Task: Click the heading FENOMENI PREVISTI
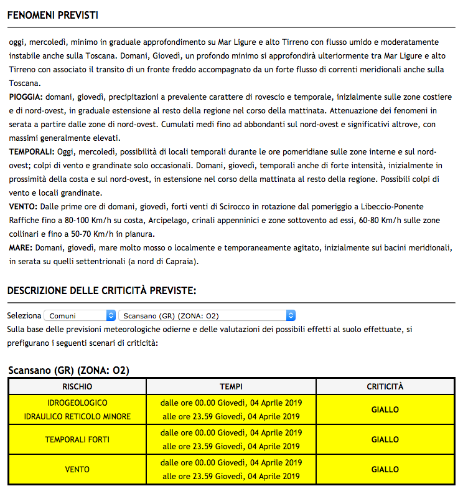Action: [x=53, y=15]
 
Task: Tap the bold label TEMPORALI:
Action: [x=31, y=152]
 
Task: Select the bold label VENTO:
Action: [x=24, y=207]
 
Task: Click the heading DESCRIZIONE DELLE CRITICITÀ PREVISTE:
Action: [x=102, y=290]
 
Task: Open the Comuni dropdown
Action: [x=80, y=316]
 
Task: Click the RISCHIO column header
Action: [x=78, y=386]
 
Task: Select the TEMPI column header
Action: [x=231, y=386]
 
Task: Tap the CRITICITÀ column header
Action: [x=385, y=386]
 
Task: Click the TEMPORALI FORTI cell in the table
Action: [x=78, y=440]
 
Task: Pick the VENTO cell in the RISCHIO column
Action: [x=78, y=470]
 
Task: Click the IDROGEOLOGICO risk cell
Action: [x=78, y=403]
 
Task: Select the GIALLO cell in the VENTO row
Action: [x=385, y=470]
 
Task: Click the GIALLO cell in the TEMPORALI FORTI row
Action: [x=385, y=440]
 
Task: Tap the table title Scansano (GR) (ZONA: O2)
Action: [x=68, y=371]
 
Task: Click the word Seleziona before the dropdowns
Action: [x=24, y=316]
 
